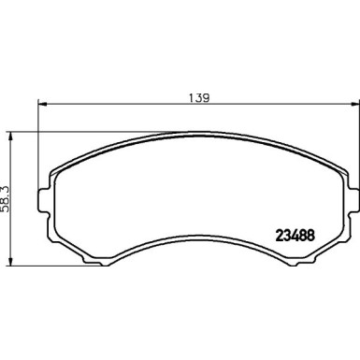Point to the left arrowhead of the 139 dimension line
coord(42,105)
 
